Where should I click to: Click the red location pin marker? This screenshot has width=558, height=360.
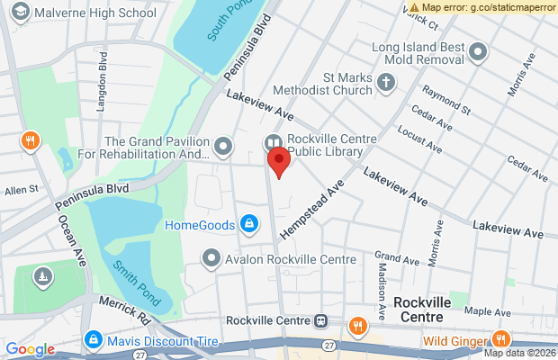click(x=279, y=163)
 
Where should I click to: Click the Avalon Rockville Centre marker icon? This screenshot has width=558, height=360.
click(x=211, y=259)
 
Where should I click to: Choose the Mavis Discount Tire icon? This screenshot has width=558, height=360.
click(x=93, y=339)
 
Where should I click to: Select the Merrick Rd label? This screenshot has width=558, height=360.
click(x=124, y=310)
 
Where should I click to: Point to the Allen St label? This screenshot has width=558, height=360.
click(x=22, y=190)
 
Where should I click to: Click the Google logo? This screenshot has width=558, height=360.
click(x=30, y=349)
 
